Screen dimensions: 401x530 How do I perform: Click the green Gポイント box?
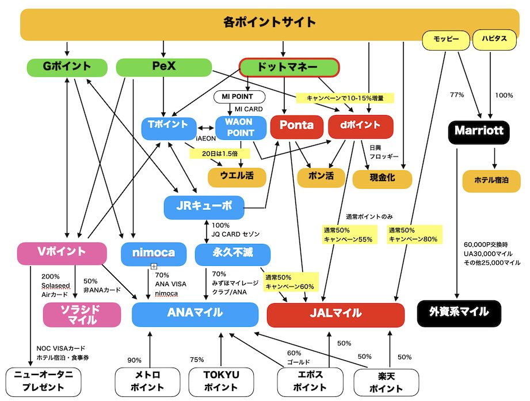67,67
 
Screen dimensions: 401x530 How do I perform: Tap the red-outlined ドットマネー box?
287,67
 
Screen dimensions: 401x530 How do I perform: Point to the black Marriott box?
479,131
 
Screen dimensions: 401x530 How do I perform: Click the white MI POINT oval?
239,97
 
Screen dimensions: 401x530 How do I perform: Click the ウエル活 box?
237,176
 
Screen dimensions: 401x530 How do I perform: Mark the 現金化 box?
382,178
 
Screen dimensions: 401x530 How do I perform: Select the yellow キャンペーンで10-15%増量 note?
345,98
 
